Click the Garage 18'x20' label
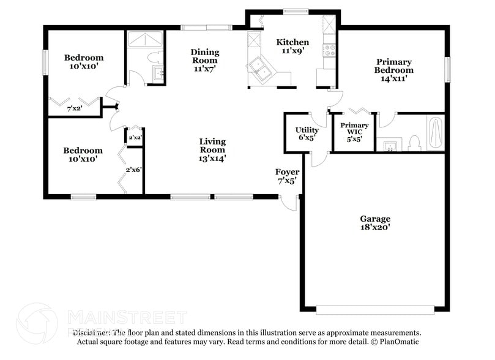pos(374,223)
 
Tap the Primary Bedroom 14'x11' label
pos(393,70)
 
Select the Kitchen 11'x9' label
pos(292,47)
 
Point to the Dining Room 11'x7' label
pos(204,60)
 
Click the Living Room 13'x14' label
pos(212,149)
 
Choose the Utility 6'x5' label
pos(307,134)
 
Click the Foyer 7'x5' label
pos(287,176)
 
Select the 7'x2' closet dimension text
pos(74,110)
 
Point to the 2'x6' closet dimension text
pos(134,170)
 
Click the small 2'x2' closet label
pos(135,137)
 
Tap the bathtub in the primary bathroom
pos(435,133)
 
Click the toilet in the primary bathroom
pos(414,143)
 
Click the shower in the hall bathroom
pos(145,39)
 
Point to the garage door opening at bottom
pos(374,309)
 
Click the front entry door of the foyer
pos(289,203)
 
